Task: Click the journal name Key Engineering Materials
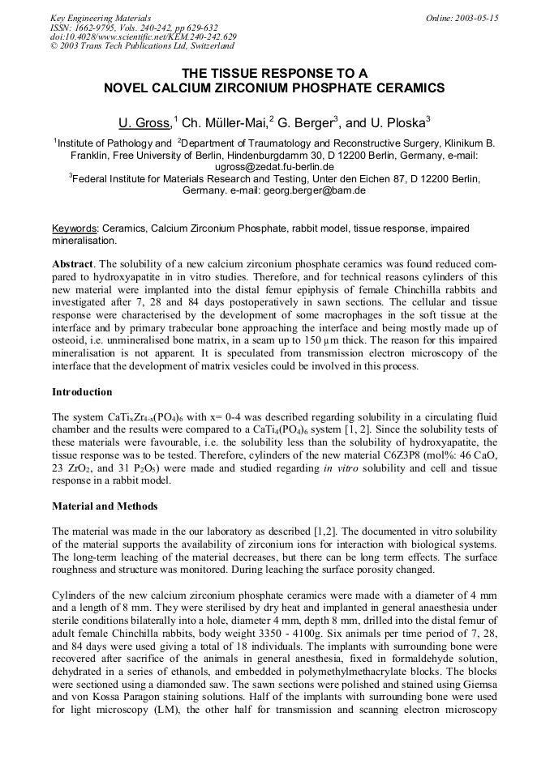[x=101, y=18]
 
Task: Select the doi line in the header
[x=143, y=37]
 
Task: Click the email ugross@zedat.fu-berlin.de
[x=274, y=167]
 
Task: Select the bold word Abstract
[x=73, y=264]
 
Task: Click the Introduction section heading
[x=82, y=392]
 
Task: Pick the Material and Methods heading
[x=105, y=506]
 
